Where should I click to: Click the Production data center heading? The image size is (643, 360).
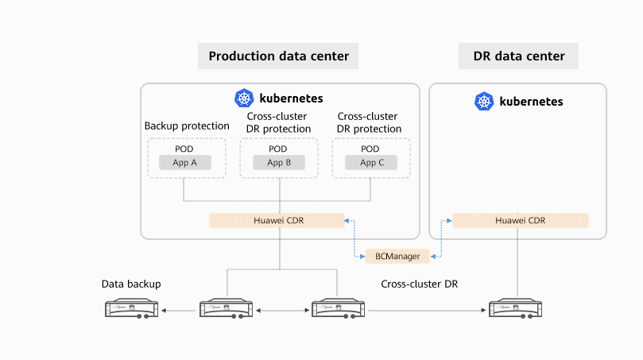(x=278, y=56)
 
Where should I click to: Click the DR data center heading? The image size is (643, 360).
(x=518, y=56)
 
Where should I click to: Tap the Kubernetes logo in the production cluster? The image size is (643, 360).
(x=244, y=99)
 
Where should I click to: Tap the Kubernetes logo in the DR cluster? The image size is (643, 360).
(x=484, y=102)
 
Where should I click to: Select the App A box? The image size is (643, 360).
(x=184, y=163)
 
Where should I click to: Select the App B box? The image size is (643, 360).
(x=278, y=163)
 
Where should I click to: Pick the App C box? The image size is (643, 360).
(x=371, y=163)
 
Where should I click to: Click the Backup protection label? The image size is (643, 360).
(x=187, y=126)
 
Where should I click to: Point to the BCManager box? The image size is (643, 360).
(x=392, y=256)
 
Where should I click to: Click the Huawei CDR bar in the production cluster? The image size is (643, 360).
(x=277, y=220)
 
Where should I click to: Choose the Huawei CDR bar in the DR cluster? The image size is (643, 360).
(x=521, y=220)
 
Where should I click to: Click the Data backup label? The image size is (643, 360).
(x=131, y=284)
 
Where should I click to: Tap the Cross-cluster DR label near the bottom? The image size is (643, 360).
(x=419, y=284)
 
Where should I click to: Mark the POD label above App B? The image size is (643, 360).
(x=278, y=149)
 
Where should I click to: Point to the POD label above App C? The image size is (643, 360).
(x=370, y=149)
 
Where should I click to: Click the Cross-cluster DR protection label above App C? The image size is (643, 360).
(x=370, y=122)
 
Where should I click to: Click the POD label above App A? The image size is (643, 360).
(x=184, y=149)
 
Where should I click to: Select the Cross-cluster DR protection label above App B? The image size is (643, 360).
(x=278, y=122)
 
